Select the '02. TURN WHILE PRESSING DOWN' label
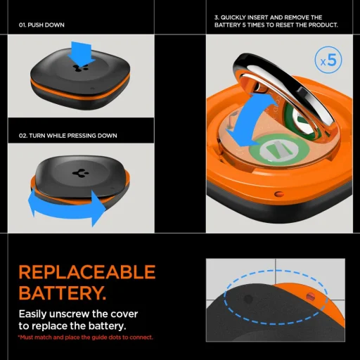click(x=67, y=135)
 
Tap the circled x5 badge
click(x=329, y=60)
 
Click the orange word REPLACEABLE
click(x=86, y=273)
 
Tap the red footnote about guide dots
click(x=86, y=337)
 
